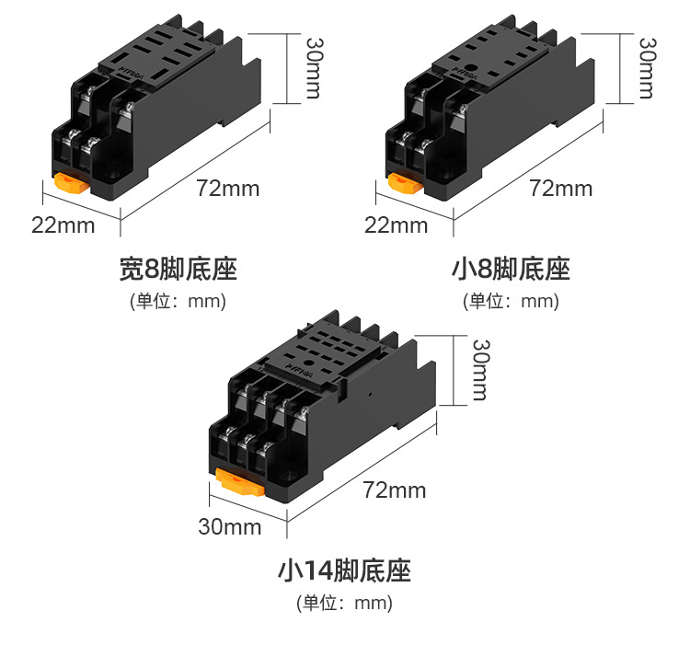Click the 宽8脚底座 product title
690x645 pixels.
(178, 270)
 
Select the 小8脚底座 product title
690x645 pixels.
(512, 270)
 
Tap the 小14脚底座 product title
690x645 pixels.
(344, 571)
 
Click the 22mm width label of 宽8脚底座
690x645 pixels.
(63, 225)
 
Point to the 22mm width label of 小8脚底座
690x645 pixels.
(396, 225)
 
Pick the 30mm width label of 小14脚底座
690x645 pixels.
(230, 527)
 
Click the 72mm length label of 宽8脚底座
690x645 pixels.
(228, 190)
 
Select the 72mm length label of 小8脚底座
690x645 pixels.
(561, 190)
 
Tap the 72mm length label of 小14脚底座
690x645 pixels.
(395, 490)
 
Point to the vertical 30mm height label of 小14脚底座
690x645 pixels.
(480, 369)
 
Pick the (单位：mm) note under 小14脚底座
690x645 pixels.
(344, 604)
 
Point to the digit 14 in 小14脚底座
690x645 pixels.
(318, 571)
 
